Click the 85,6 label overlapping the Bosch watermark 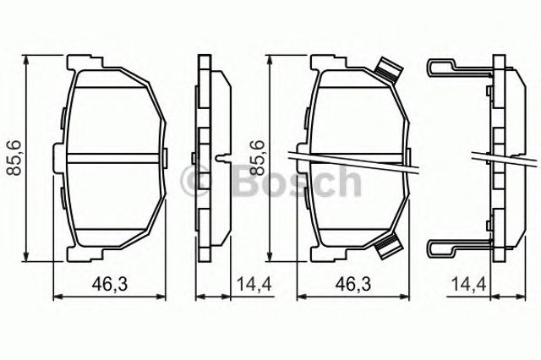coord(257,157)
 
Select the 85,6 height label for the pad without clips coord(14,157)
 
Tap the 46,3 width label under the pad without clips coord(110,285)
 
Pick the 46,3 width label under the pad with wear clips coord(353,285)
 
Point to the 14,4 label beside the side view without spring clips coord(254,285)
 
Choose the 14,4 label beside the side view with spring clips coord(468,285)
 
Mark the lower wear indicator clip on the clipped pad coord(389,246)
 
